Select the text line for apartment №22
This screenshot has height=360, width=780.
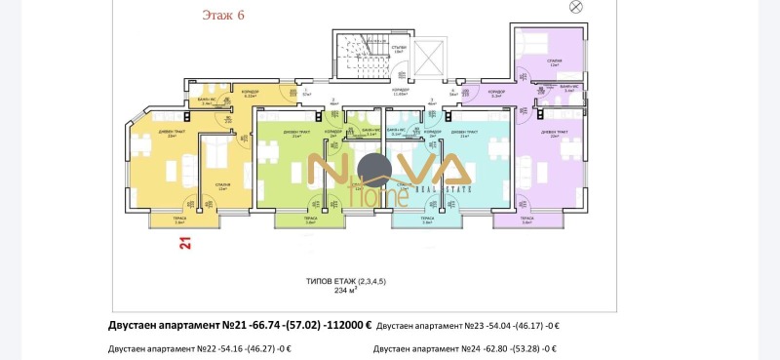(x=200, y=348)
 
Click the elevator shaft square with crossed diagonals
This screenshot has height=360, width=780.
(x=429, y=60)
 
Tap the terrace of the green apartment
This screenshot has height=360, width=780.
(x=310, y=220)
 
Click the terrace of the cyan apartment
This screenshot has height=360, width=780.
(x=426, y=220)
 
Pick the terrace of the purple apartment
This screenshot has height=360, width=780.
(x=553, y=220)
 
